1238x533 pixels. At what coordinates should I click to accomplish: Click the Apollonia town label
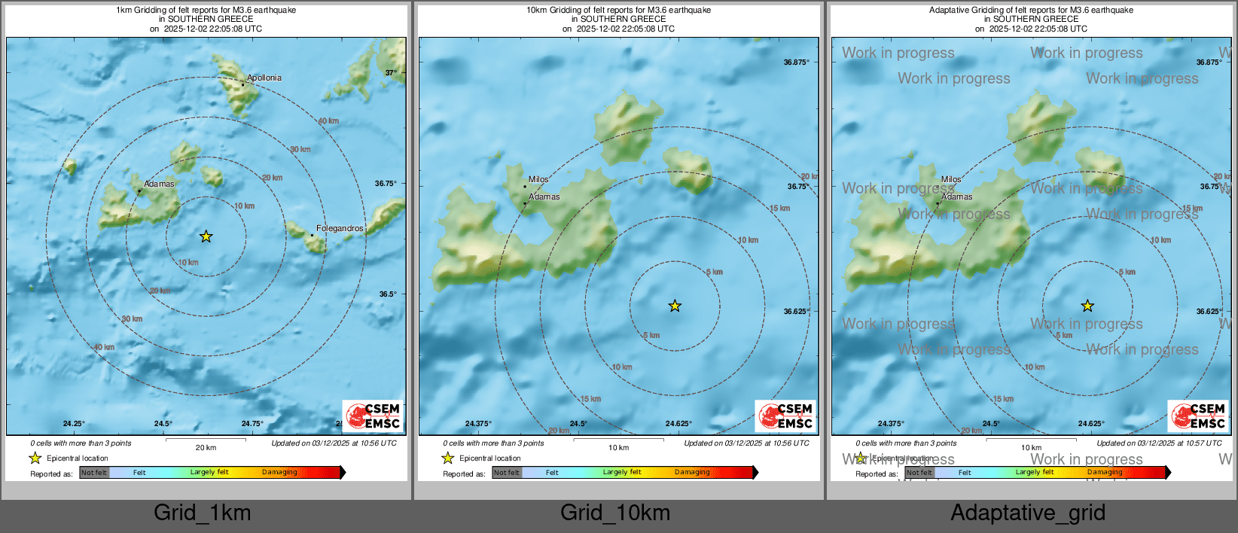coord(264,78)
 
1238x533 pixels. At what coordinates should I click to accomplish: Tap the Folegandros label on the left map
coord(340,228)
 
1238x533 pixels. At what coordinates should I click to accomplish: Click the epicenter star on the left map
coord(206,236)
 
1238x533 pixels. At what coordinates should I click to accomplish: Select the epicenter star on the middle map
coord(675,306)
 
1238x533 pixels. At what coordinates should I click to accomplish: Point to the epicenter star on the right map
coord(1087,306)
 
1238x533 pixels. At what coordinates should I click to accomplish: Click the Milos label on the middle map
coord(538,179)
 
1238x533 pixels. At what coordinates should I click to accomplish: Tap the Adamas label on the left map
coord(159,184)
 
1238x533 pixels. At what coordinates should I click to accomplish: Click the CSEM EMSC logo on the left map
coord(374,416)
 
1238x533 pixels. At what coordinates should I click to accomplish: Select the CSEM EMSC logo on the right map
coord(1199,416)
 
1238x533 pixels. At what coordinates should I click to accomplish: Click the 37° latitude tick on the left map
coord(391,73)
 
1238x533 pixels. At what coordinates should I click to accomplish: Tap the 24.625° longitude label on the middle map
coord(678,424)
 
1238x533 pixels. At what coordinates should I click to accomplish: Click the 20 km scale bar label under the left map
coord(206,447)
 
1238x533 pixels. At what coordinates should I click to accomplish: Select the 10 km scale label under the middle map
coord(618,447)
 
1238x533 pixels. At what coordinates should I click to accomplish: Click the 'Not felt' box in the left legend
coord(94,473)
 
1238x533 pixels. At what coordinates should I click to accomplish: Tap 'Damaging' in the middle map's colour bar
coord(692,472)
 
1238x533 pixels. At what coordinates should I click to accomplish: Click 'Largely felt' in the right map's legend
coord(1035,472)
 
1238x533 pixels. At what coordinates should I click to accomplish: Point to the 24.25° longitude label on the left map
coord(74,424)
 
